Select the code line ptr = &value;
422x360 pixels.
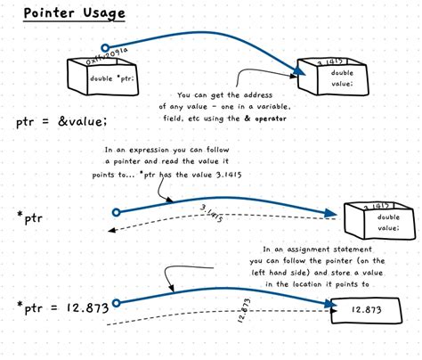coord(61,121)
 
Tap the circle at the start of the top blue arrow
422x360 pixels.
coord(105,47)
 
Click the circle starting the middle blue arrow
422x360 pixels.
coord(116,212)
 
